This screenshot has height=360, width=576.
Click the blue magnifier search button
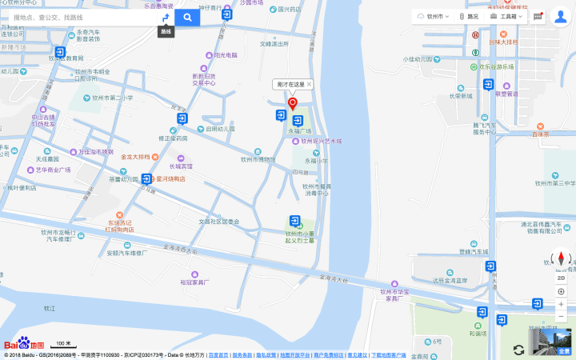[x=187, y=17]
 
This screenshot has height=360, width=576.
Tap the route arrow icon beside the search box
[x=165, y=17]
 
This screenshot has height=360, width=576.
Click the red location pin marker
[x=292, y=103]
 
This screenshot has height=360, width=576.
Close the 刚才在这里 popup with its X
[x=310, y=84]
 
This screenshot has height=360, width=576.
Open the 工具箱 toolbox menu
[x=507, y=16]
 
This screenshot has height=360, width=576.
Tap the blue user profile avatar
[x=561, y=17]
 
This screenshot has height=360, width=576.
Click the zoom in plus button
[x=561, y=304]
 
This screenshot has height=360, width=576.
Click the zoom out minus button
[x=561, y=317]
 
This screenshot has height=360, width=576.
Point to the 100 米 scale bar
[x=63, y=345]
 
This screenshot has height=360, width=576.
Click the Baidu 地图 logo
[x=24, y=343]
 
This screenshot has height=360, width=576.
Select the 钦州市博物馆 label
[x=258, y=158]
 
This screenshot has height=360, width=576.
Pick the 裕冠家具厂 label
[x=194, y=282]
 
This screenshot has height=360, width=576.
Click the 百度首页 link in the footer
[x=218, y=355]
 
